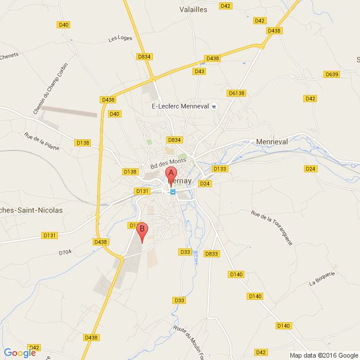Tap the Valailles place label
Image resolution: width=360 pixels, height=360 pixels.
click(193, 9)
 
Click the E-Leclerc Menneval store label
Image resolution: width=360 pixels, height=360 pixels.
click(181, 106)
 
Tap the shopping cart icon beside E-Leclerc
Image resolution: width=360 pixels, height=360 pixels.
click(214, 107)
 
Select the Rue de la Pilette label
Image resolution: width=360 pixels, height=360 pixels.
click(42, 142)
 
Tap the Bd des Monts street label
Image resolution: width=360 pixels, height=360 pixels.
click(168, 161)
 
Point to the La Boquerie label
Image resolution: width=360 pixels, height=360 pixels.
click(322, 279)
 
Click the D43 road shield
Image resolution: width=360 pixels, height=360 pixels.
click(199, 71)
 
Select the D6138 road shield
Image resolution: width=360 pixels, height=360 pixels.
click(236, 93)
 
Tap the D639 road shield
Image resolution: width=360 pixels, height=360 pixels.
click(332, 74)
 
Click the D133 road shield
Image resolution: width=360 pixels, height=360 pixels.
click(220, 169)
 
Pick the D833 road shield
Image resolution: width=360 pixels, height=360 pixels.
click(211, 254)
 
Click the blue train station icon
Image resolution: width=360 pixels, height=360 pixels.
click(173, 191)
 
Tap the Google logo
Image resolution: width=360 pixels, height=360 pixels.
click(19, 353)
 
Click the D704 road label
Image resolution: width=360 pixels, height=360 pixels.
click(65, 253)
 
